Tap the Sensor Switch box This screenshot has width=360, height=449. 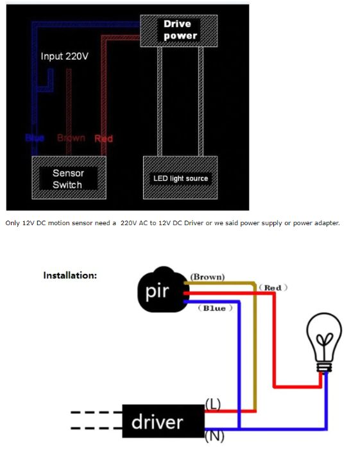coord(67,178)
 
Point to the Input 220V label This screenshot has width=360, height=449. coord(65,56)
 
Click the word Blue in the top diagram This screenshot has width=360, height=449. coord(34,139)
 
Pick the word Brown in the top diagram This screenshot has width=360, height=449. coord(71,138)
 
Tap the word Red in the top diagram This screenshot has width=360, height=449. coord(103,139)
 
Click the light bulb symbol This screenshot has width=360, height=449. coord(325,341)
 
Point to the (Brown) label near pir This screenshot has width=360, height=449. coord(207,277)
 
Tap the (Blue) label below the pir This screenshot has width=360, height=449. coord(214,309)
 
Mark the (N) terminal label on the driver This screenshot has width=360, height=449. coord(213,438)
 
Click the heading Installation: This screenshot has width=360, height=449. coord(70,275)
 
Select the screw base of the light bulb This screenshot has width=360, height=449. coord(325,366)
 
